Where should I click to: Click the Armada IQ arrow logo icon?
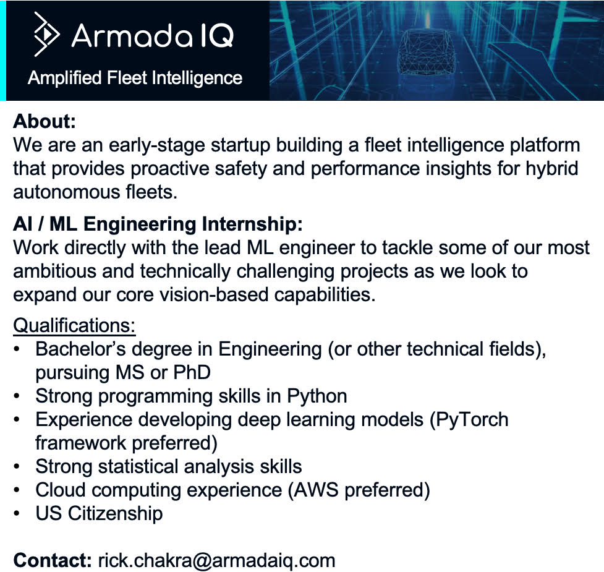46,34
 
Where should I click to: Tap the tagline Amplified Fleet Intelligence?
135,78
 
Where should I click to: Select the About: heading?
45,121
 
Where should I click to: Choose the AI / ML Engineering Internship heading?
158,224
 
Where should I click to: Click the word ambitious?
54,271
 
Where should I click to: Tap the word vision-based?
214,295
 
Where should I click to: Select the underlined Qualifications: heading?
74,326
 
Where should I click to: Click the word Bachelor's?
81,349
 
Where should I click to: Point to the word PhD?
192,372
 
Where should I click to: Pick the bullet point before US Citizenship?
16,514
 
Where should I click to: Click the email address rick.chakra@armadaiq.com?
216,561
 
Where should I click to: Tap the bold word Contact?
53,560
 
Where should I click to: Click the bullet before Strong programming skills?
16,396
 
